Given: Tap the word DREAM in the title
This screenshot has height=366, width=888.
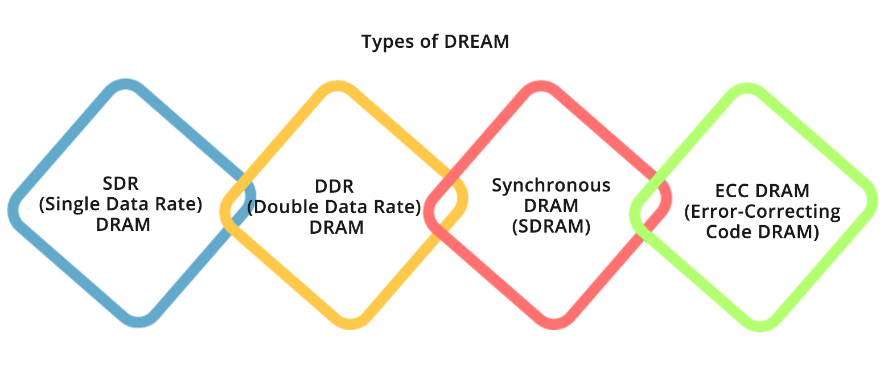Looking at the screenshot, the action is [x=476, y=42].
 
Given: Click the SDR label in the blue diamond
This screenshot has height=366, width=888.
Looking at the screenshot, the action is [x=121, y=184].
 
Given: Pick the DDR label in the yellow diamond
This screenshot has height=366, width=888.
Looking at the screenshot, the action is [x=334, y=186].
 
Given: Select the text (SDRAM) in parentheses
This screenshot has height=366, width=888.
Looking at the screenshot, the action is [x=551, y=227].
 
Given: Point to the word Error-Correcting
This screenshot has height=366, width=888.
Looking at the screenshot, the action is [x=762, y=212].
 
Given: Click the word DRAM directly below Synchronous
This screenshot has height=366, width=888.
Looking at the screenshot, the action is [x=551, y=206].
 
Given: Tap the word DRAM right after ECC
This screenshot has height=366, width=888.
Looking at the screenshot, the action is [x=782, y=192].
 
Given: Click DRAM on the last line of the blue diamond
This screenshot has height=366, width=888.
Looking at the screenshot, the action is [x=123, y=225].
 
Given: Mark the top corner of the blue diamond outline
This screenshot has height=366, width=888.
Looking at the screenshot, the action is [x=126, y=83].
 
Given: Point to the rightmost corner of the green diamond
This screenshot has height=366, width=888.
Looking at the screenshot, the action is [x=872, y=201].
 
